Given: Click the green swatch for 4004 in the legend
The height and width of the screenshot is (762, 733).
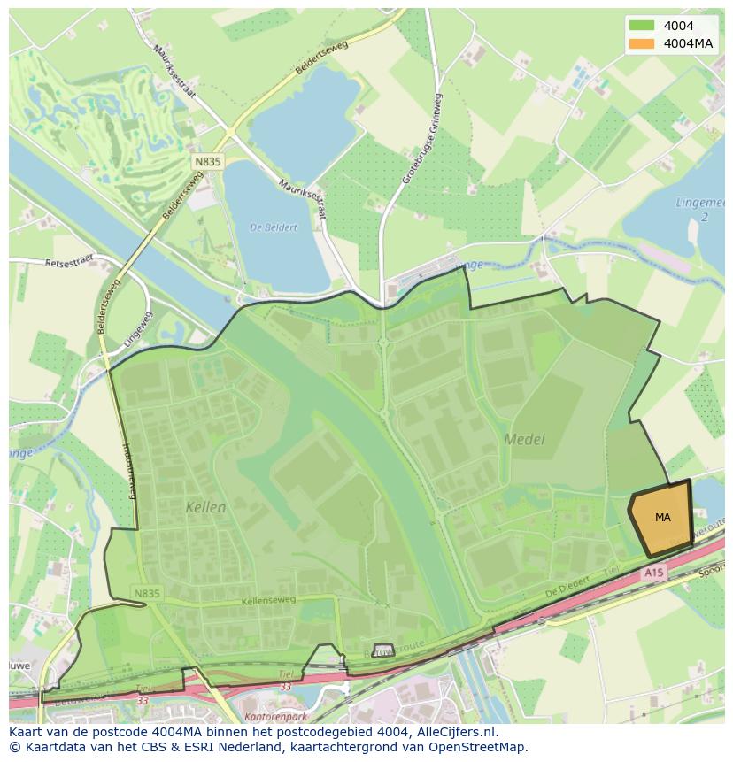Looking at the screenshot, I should point(643,26).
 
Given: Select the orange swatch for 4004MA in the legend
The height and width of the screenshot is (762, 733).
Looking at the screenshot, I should point(643,43).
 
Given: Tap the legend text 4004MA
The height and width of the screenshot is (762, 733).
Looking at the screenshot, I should point(689,43).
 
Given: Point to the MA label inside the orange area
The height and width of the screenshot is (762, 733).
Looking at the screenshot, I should point(662,518).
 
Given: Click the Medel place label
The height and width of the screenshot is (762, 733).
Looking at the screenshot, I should point(524,439).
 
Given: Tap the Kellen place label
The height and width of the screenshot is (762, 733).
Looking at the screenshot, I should point(205,508).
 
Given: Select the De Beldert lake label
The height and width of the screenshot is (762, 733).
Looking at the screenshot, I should point(274,227).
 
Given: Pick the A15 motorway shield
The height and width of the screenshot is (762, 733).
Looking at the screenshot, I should point(653,573).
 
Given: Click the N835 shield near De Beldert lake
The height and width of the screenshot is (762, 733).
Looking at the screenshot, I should point(208,162).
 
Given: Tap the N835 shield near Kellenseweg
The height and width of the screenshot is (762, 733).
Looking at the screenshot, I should point(147,593).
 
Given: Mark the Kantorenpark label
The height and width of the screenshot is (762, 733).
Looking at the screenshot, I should point(270,712).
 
